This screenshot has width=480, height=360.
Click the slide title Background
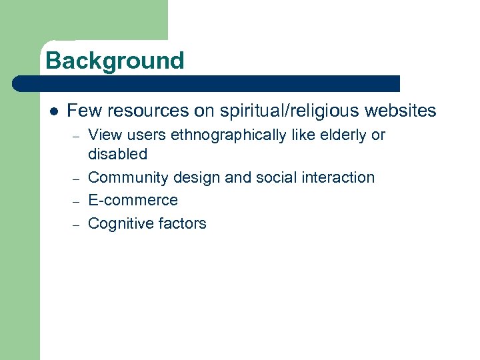(115, 61)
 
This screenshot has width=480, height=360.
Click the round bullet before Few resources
(54, 111)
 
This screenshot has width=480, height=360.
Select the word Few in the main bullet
(83, 111)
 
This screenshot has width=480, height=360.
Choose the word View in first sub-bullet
(104, 135)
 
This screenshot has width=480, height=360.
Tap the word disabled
(117, 154)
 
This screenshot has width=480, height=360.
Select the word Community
(128, 177)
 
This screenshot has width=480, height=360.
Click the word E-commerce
(133, 200)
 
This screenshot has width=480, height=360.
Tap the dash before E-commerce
(77, 201)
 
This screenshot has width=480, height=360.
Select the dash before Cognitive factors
(77, 224)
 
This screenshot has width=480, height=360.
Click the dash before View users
(77, 136)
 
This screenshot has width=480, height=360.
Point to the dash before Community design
(77, 178)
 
